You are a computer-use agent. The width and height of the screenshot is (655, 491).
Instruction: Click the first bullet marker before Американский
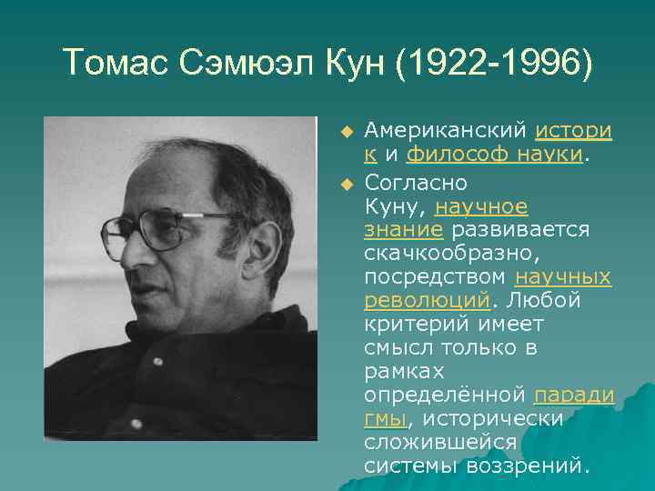[346, 132]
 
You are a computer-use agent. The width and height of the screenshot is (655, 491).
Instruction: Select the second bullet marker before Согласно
[346, 185]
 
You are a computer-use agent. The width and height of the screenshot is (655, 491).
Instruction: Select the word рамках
[404, 370]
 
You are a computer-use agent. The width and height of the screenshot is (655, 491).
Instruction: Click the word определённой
[445, 394]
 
